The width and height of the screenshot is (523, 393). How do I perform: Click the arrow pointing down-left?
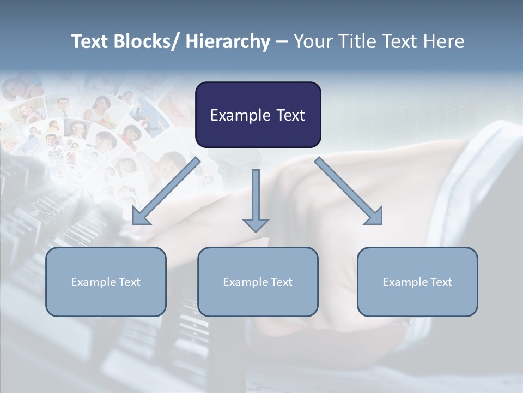click(x=166, y=192)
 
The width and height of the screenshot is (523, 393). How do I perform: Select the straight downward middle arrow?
click(x=256, y=196)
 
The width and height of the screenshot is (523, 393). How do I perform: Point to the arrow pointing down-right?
click(x=348, y=191)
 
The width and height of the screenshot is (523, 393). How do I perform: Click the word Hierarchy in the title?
click(x=227, y=41)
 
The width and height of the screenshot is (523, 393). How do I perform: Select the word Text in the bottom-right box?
click(x=441, y=282)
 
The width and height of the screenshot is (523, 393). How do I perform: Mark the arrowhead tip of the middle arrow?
click(x=256, y=231)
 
